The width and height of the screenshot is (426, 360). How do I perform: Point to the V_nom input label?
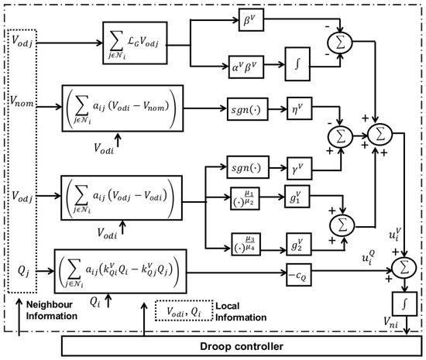22,101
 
